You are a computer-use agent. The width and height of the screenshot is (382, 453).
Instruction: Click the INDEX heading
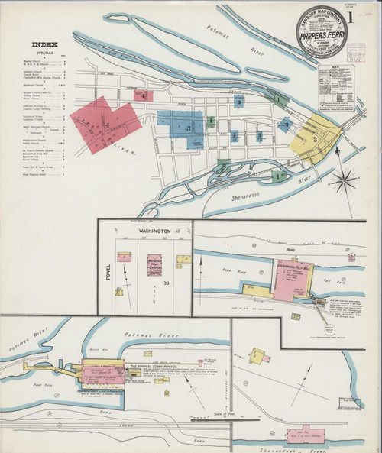click(x=44, y=44)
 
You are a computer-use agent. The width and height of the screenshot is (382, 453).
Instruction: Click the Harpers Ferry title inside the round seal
click(x=320, y=34)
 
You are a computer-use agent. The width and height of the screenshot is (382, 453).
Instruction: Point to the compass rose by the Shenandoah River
click(x=345, y=182)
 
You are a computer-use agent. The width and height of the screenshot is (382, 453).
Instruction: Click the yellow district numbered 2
click(x=314, y=138)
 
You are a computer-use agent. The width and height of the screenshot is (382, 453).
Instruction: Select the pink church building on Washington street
click(x=155, y=264)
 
